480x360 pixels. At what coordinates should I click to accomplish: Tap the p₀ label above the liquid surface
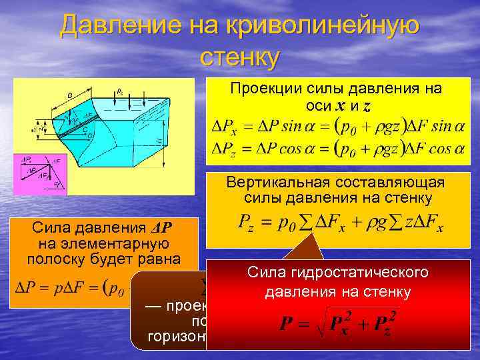(x=119, y=91)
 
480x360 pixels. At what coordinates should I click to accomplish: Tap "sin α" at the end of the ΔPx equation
(x=447, y=127)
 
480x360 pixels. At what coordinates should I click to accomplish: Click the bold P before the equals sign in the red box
(x=285, y=325)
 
